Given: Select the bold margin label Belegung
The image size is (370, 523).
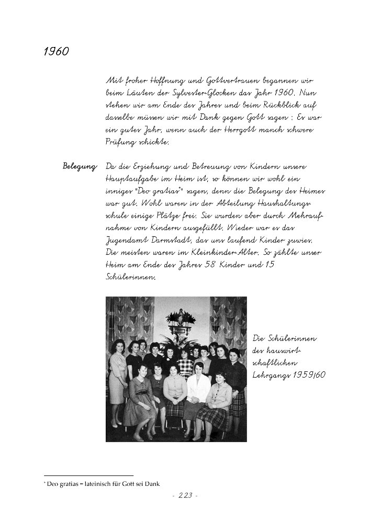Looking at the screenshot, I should point(80,166).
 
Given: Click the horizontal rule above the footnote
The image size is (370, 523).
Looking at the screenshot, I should point(88,475).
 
